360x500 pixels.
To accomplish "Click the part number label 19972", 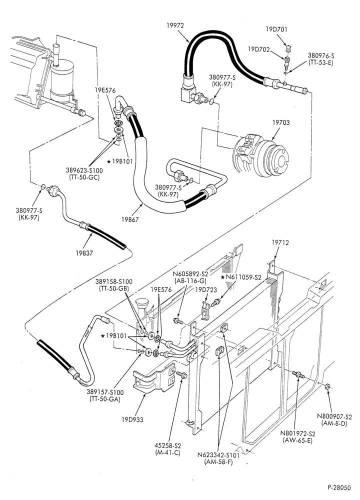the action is tap(175, 25).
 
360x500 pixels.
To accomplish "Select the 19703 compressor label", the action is tap(281, 122).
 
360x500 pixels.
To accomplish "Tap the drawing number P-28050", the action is tap(339, 487).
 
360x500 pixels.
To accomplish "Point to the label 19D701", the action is tap(276, 29).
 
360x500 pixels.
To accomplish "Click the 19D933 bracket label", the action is tap(132, 419).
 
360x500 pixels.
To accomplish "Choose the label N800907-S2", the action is tap(334, 416).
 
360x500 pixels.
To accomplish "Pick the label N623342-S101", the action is tap(218, 454).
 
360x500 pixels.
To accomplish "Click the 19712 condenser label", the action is tap(280, 242).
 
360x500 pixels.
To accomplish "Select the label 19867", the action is tap(130, 219).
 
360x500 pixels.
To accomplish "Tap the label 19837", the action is tap(84, 253).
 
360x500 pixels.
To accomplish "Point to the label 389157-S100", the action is tap(105, 392).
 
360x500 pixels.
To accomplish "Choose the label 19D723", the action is tap(206, 290).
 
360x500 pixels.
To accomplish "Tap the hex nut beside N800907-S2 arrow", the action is tap(327, 386).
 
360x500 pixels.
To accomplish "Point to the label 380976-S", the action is tap(321, 55).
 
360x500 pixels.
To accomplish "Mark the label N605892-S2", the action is tap(190, 274).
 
